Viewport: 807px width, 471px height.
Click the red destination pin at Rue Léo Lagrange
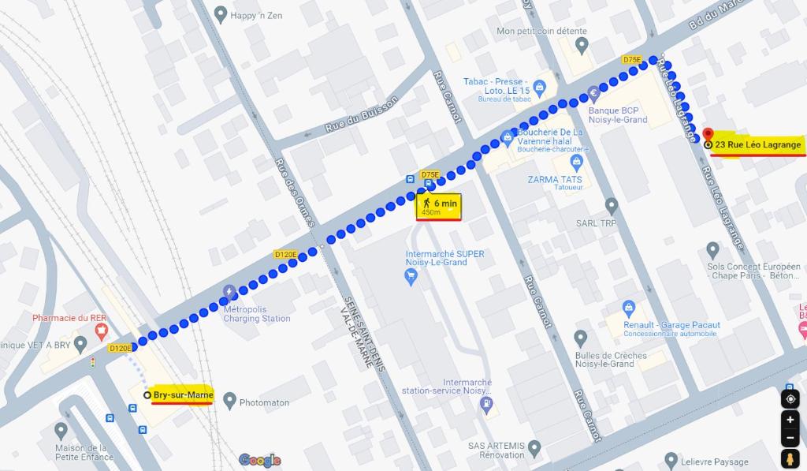(x=708, y=135)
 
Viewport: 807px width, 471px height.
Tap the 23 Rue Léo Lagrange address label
(x=757, y=144)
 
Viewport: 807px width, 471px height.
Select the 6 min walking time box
(x=439, y=207)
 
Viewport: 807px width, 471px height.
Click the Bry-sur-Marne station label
(x=182, y=394)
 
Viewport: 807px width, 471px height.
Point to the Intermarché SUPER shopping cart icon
(x=410, y=275)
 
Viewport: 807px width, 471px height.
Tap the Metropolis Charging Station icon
(x=229, y=291)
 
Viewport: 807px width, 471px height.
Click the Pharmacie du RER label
(x=69, y=318)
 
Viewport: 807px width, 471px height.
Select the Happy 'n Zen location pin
(x=221, y=14)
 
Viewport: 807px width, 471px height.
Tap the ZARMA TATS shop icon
(x=577, y=163)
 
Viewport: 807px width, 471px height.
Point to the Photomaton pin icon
(x=229, y=401)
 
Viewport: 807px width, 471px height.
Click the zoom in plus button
(x=790, y=420)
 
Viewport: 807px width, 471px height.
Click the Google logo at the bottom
(x=259, y=460)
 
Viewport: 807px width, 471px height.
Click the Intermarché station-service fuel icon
(x=486, y=404)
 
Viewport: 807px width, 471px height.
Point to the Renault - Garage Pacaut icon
(x=628, y=308)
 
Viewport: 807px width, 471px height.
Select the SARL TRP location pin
(x=611, y=206)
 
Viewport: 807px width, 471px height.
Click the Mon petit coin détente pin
(x=582, y=44)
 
